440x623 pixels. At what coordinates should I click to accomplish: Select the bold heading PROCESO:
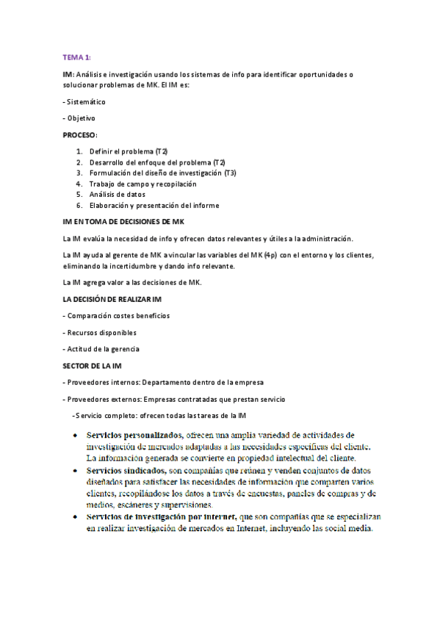click(80, 135)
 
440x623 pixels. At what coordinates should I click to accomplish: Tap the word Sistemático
click(86, 101)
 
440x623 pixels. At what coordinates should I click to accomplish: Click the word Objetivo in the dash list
click(81, 118)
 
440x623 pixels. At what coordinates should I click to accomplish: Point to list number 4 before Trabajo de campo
click(79, 184)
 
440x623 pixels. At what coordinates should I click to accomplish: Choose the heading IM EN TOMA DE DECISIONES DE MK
click(123, 221)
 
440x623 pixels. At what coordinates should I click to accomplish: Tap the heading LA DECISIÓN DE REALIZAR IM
click(118, 299)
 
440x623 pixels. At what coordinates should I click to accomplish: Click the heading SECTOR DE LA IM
click(95, 365)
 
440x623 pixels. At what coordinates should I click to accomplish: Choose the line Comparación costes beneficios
click(118, 315)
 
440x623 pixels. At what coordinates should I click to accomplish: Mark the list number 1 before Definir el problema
click(79, 151)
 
